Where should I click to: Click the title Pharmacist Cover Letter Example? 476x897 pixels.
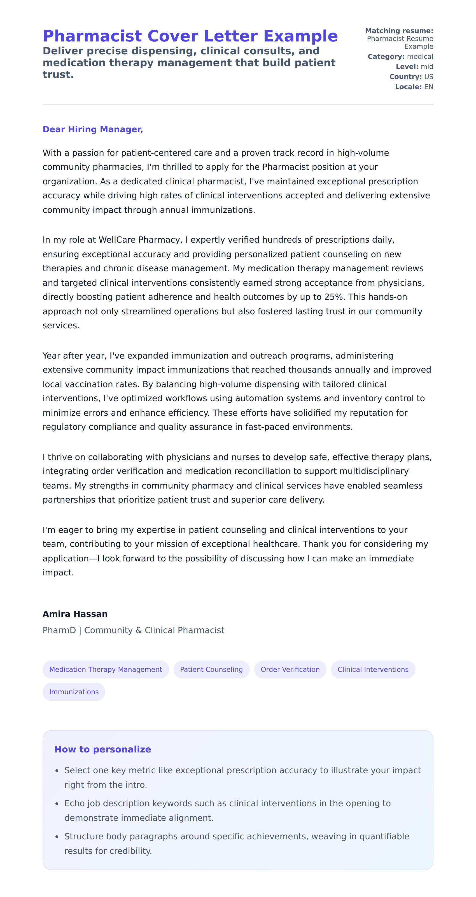[x=190, y=36]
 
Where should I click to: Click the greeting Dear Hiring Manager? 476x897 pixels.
[x=93, y=129]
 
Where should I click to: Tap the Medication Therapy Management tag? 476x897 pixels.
[x=106, y=669]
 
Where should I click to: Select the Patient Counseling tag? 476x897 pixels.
[x=211, y=669]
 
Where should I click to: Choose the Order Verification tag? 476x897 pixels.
[x=290, y=669]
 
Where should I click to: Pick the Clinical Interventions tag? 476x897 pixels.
[x=373, y=669]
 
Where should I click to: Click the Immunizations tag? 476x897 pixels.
[x=74, y=692]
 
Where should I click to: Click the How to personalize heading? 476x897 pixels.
[x=103, y=749]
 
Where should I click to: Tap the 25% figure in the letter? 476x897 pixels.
[x=334, y=297]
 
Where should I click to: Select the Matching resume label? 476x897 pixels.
[x=399, y=31]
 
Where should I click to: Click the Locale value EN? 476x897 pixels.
[x=428, y=87]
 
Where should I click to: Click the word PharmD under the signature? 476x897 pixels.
[x=59, y=630]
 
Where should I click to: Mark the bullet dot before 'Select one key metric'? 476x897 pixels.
[x=57, y=771]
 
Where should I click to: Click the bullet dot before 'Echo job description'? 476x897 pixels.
[x=57, y=804]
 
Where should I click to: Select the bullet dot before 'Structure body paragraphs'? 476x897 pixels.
[x=57, y=837]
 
